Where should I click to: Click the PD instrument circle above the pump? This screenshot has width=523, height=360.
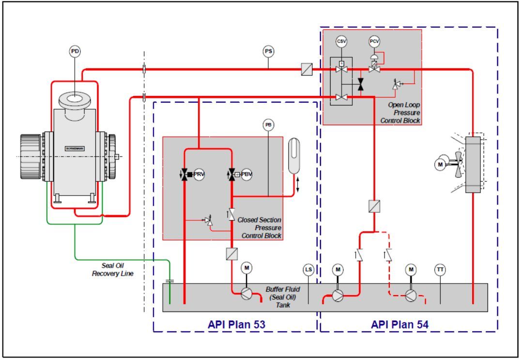point(75,51)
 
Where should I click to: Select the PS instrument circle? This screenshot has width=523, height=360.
point(269,51)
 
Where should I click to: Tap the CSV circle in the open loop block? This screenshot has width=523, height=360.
point(342,42)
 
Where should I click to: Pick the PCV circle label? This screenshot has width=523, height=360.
point(374,42)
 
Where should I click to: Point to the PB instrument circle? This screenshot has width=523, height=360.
point(268,125)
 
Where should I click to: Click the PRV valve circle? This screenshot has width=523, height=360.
point(199,174)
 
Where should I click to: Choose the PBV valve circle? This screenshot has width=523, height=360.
point(246,174)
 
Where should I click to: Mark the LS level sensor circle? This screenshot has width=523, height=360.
point(308,269)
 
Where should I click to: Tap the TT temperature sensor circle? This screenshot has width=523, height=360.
point(440,269)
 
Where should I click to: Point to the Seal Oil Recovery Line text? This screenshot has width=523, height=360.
point(112,270)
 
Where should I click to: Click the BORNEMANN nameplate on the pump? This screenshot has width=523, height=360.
point(75,148)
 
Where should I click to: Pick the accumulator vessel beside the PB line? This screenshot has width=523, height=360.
point(294,156)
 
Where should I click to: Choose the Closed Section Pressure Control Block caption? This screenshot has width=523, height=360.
point(260,228)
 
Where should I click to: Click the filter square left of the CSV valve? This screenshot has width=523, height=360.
point(307,70)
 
